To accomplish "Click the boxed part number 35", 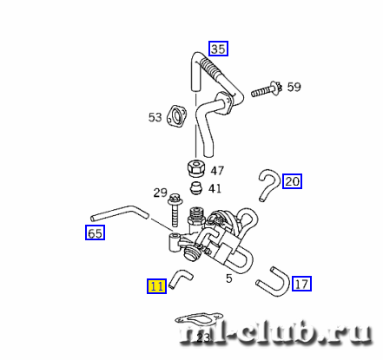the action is pyautogui.click(x=218, y=49).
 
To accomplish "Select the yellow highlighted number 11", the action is pyautogui.click(x=156, y=286).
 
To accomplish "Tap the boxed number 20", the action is pyautogui.click(x=292, y=181).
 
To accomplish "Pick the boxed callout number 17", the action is pyautogui.click(x=301, y=284).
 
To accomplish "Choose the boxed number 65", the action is pyautogui.click(x=95, y=232).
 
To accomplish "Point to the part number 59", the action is pyautogui.click(x=294, y=87).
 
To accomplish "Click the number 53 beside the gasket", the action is pyautogui.click(x=155, y=117).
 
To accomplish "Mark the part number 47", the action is pyautogui.click(x=217, y=171).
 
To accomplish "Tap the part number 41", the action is pyautogui.click(x=215, y=188).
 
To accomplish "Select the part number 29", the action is pyautogui.click(x=161, y=193).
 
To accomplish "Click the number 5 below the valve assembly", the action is pyautogui.click(x=229, y=278).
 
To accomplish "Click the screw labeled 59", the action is pyautogui.click(x=267, y=89).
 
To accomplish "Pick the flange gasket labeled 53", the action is pyautogui.click(x=176, y=116).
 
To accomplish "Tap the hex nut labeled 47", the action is pyautogui.click(x=195, y=167).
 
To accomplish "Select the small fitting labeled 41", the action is pyautogui.click(x=196, y=188).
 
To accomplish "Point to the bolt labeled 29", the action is pyautogui.click(x=175, y=210).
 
